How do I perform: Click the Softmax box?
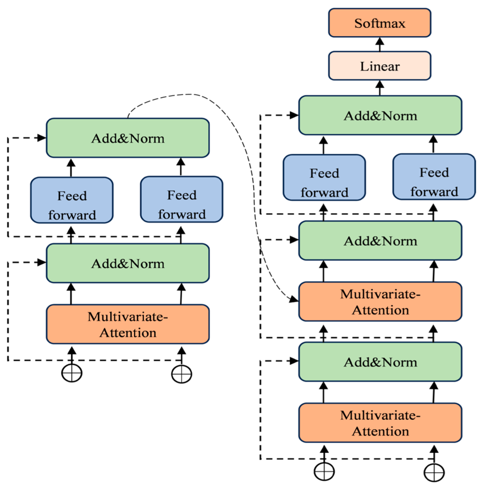click(x=379, y=23)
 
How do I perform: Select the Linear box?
click(x=379, y=66)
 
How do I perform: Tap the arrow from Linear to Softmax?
click(x=379, y=44)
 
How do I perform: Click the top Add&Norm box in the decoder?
click(x=380, y=116)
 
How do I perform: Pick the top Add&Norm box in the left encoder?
click(x=127, y=138)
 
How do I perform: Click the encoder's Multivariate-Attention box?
click(x=127, y=324)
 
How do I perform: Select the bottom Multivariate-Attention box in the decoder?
click(x=380, y=423)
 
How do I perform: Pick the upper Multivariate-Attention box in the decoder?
click(x=380, y=302)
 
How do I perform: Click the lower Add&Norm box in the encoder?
click(x=127, y=264)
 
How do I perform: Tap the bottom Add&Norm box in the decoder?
click(x=380, y=362)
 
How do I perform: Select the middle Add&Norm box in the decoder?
click(x=380, y=241)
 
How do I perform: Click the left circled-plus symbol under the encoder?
click(x=71, y=373)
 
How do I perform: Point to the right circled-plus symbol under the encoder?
click(x=181, y=374)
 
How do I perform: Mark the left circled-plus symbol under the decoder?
click(x=324, y=471)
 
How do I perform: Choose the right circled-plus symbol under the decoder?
click(x=434, y=472)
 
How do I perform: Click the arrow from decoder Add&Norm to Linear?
click(x=379, y=88)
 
